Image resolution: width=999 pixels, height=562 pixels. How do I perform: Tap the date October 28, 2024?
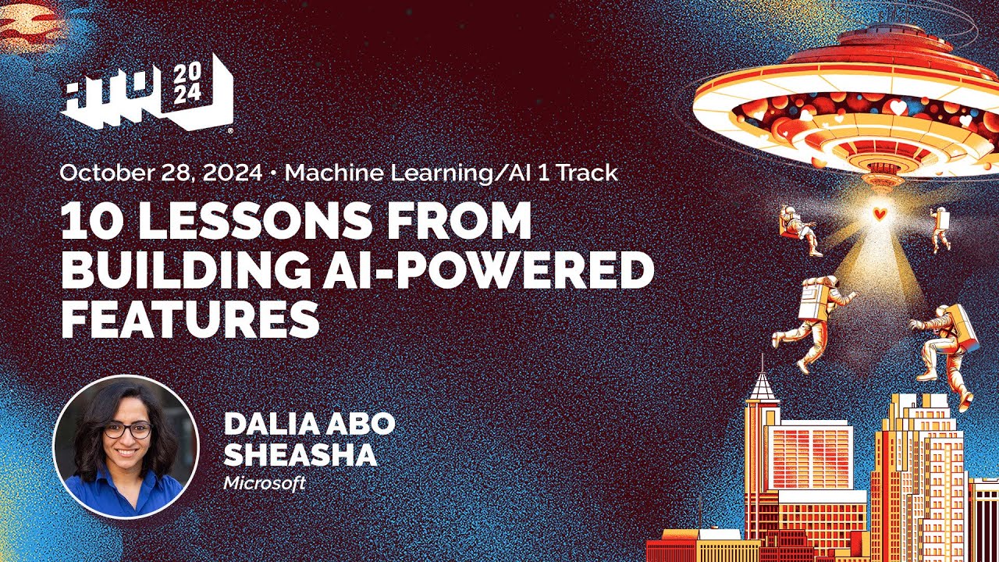(161, 173)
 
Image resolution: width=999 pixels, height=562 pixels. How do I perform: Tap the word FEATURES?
(190, 318)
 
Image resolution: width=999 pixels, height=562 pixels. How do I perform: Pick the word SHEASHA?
(300, 455)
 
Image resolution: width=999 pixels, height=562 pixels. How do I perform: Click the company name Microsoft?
(265, 483)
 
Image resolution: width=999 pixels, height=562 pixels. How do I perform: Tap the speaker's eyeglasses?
(127, 430)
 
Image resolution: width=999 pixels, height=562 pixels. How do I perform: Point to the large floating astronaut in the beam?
(814, 316)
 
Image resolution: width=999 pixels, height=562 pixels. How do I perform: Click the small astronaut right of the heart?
(940, 229)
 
